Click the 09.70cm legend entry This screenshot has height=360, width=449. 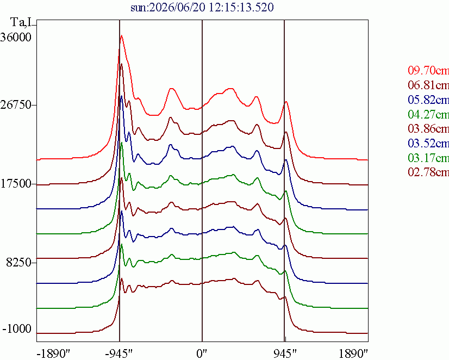(x=428, y=70)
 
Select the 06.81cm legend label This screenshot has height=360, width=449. (x=428, y=85)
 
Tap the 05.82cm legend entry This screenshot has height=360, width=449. (x=428, y=100)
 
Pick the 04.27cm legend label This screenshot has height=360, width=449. (x=428, y=114)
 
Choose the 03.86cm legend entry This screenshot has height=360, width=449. (x=428, y=128)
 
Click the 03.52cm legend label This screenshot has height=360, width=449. (x=428, y=143)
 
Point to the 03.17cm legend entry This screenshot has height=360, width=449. (x=428, y=158)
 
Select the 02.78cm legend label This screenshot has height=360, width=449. (x=428, y=172)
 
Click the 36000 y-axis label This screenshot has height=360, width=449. (x=16, y=37)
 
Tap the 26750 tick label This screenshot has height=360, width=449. (x=16, y=105)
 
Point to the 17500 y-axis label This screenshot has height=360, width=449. (x=16, y=184)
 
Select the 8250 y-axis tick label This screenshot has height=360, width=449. (x=18, y=262)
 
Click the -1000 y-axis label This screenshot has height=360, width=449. (x=17, y=328)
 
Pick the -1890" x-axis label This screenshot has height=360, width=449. (x=54, y=354)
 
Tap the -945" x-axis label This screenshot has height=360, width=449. (x=119, y=354)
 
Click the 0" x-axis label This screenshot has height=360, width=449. (x=202, y=354)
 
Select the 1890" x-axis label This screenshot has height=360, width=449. (x=353, y=354)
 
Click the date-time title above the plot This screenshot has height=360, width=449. (x=202, y=7)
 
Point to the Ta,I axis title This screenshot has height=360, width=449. (x=22, y=22)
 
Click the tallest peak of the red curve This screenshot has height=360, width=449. (x=122, y=35)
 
